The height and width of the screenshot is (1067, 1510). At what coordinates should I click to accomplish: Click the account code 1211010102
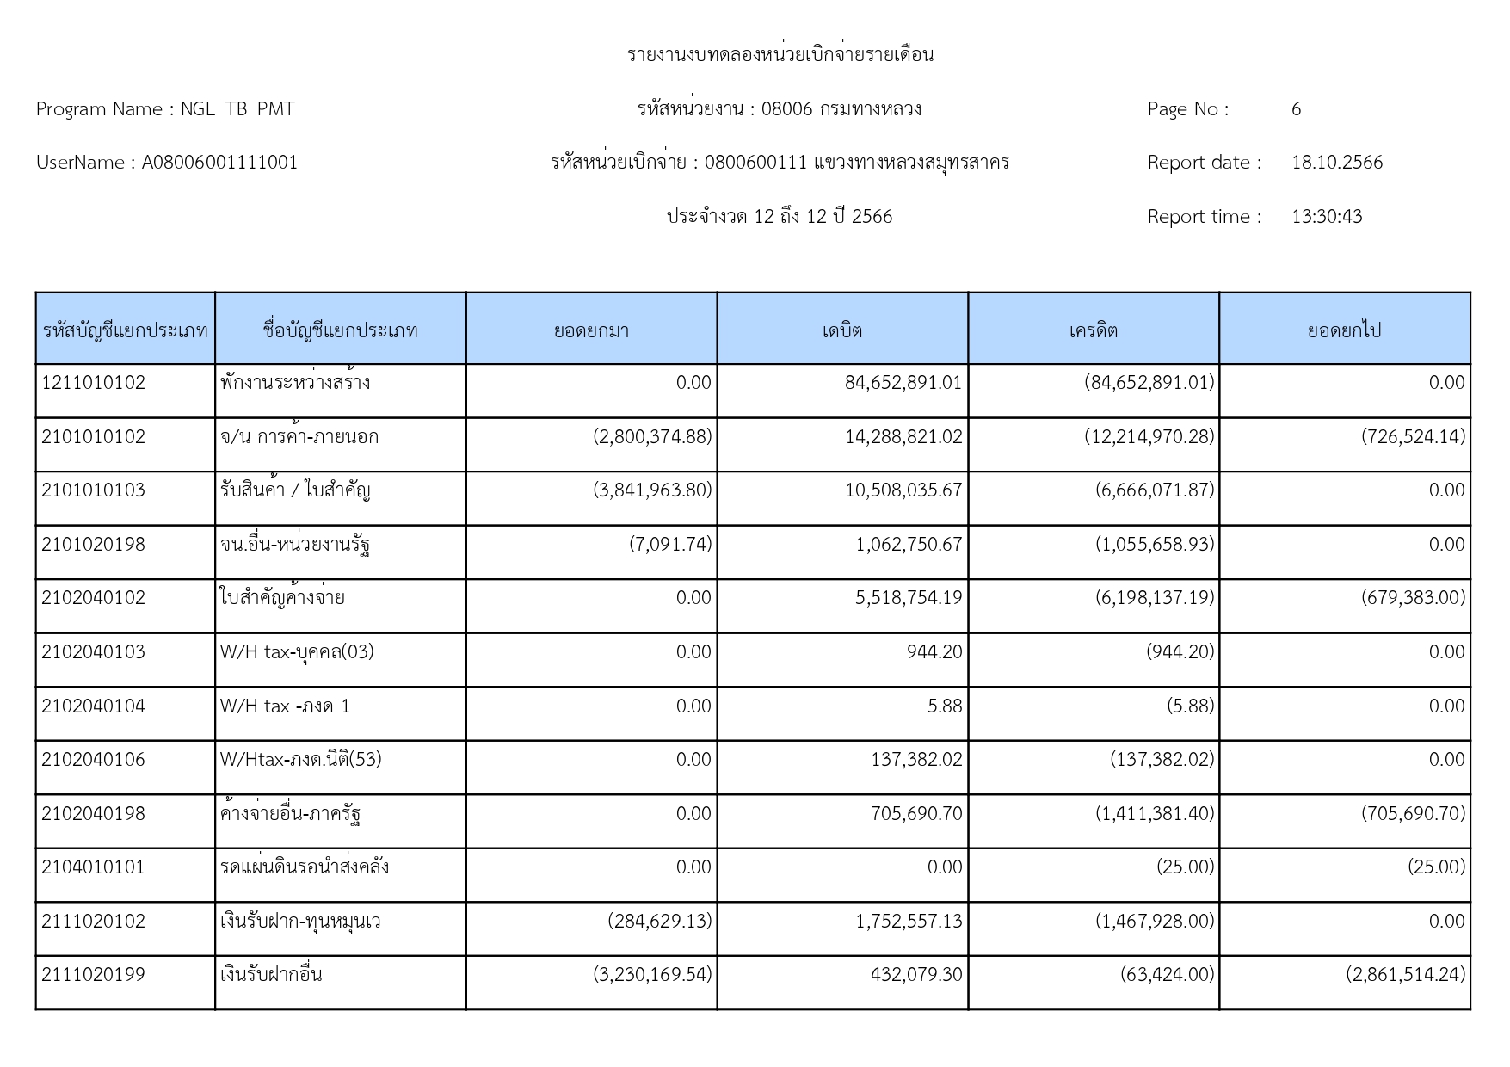point(94,383)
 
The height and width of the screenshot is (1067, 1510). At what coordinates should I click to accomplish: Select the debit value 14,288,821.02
point(903,437)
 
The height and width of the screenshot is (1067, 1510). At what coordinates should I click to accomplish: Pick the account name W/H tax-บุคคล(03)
point(297,652)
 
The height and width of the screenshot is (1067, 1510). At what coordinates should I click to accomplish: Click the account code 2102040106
point(94,760)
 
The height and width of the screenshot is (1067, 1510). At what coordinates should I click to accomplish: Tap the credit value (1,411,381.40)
point(1154,814)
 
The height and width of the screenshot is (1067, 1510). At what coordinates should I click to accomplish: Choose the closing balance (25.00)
point(1436,867)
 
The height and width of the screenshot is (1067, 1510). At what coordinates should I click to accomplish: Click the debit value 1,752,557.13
point(909,922)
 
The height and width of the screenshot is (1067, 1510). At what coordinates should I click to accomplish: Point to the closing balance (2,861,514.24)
point(1406,975)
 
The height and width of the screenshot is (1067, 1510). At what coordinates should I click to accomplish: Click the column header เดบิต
point(842,330)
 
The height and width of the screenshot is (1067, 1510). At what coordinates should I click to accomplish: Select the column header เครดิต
point(1094,330)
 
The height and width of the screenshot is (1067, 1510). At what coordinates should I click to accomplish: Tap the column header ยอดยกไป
point(1344,330)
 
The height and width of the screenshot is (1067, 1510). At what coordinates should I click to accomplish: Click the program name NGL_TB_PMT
point(237,109)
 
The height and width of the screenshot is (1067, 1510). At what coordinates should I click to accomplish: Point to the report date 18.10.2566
point(1337,163)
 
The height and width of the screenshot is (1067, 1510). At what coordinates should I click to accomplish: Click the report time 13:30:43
point(1327,217)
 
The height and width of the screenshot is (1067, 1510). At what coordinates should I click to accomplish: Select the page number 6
point(1296,109)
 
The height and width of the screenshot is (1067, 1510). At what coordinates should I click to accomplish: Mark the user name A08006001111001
point(219,163)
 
